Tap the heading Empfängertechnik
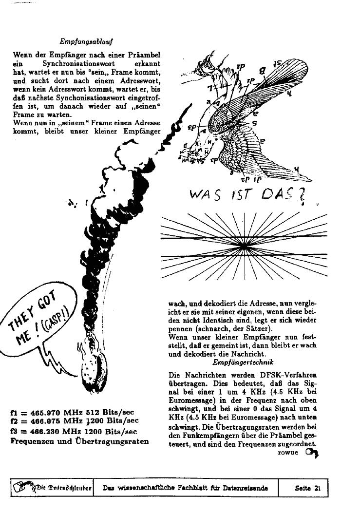pyautogui.click(x=243, y=362)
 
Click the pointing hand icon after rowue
pyautogui.click(x=311, y=453)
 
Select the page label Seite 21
pyautogui.click(x=308, y=488)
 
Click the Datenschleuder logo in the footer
pyautogui.click(x=52, y=488)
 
